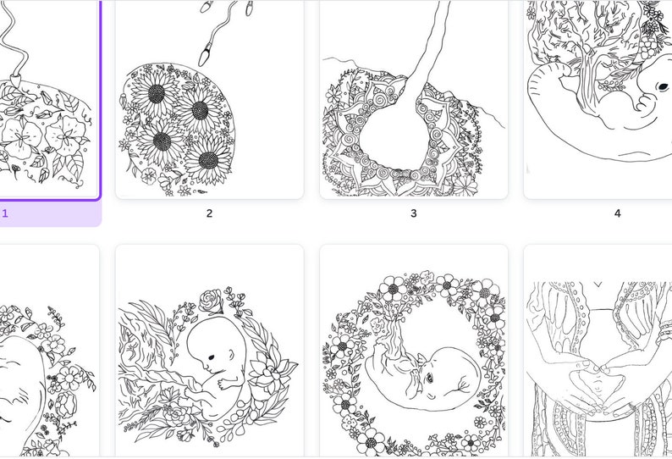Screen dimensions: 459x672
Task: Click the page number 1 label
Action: (5, 213)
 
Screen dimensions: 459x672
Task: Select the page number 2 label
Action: (209, 213)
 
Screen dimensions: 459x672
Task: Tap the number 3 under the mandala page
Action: (413, 213)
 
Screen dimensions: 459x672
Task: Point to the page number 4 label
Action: (617, 213)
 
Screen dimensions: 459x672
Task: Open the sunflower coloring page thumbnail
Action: (209, 99)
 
